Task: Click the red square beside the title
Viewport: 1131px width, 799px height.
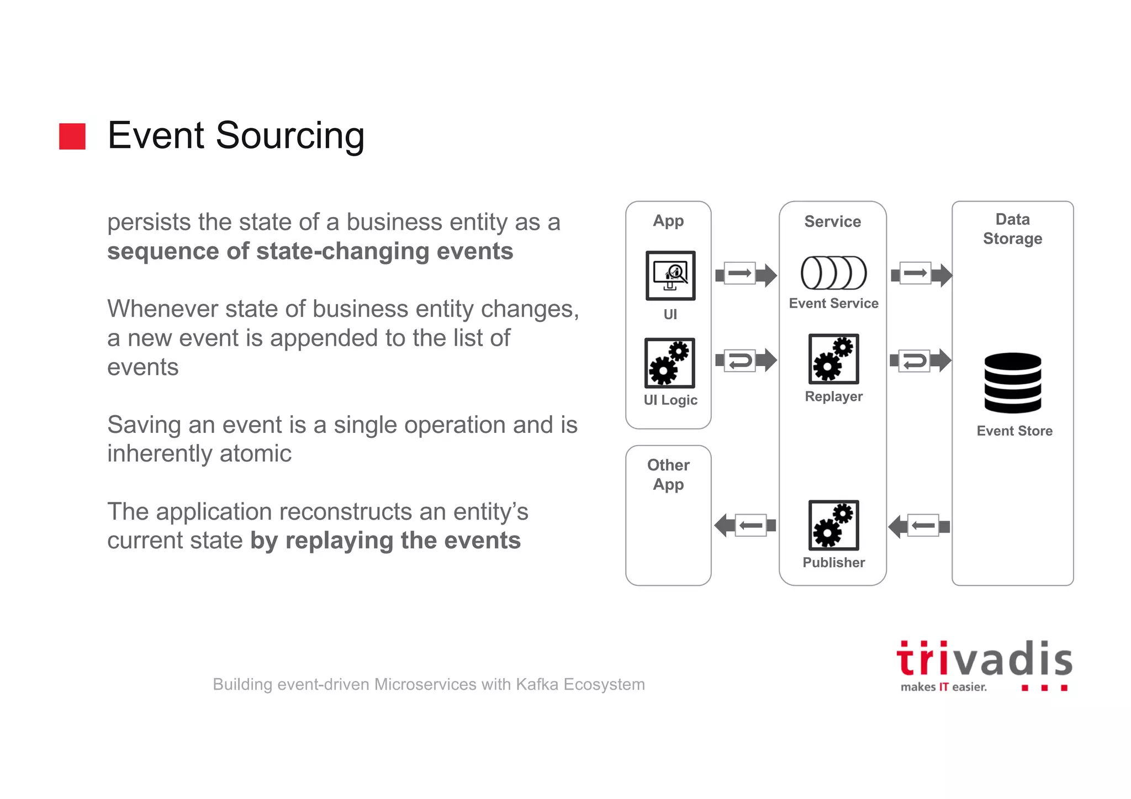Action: [x=72, y=136]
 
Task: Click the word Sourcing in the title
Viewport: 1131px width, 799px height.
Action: [x=290, y=135]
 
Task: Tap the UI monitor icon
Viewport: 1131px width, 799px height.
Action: [x=670, y=276]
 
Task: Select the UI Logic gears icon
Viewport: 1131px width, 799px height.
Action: [x=669, y=363]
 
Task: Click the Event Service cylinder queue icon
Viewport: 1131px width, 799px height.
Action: [x=833, y=273]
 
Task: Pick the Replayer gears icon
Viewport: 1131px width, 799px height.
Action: [x=833, y=359]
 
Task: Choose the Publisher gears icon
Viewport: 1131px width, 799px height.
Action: [x=833, y=525]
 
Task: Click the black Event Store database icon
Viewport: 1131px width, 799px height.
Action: [x=1012, y=383]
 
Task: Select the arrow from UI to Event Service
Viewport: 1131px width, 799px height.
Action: [x=746, y=274]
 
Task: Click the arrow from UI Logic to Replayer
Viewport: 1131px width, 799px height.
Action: [x=746, y=361]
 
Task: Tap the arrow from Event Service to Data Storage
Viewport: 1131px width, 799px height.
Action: [x=921, y=274]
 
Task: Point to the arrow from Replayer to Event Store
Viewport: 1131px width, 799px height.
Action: [x=920, y=361]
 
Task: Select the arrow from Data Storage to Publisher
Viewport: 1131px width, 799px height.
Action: [x=919, y=526]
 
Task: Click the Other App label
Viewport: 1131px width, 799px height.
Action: [x=668, y=474]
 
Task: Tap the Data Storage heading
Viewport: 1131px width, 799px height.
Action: [x=1012, y=229]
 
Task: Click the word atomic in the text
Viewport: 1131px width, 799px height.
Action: [x=255, y=454]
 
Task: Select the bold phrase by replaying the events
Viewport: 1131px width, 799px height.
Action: [x=385, y=541]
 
